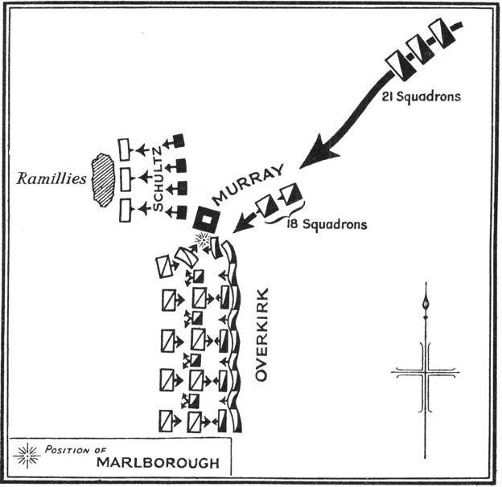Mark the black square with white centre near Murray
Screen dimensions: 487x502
(x=207, y=219)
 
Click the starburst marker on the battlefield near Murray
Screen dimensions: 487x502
(x=204, y=239)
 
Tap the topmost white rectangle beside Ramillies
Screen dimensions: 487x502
(x=124, y=149)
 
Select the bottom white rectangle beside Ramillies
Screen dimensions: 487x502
(x=124, y=211)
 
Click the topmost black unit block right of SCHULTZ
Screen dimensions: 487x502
(x=179, y=141)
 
